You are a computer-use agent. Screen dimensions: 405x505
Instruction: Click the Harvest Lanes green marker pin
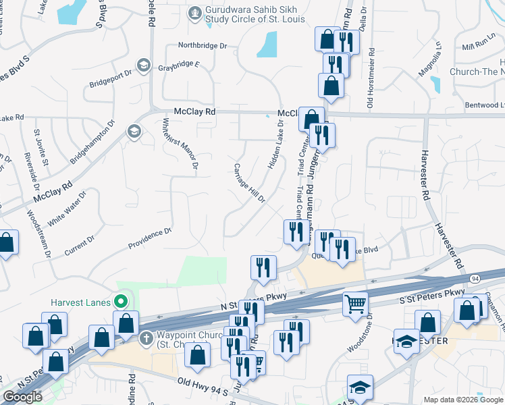click(122, 302)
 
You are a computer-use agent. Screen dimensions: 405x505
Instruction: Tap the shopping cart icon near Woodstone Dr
click(355, 304)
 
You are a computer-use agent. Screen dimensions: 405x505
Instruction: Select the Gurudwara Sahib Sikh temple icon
click(195, 11)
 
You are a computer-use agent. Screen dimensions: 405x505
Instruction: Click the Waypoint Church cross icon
click(145, 337)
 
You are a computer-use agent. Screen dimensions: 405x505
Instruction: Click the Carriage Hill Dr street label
click(249, 183)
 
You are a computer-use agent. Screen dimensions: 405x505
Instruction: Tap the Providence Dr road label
click(150, 237)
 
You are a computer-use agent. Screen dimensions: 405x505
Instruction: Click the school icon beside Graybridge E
click(143, 65)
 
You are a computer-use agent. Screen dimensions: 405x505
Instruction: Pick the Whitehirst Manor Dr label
click(180, 144)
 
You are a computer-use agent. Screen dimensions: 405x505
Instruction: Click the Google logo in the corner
click(22, 397)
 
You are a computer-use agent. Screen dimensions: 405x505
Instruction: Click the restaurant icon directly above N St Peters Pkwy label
click(263, 268)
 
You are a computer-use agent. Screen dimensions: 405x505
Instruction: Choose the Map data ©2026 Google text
click(462, 400)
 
